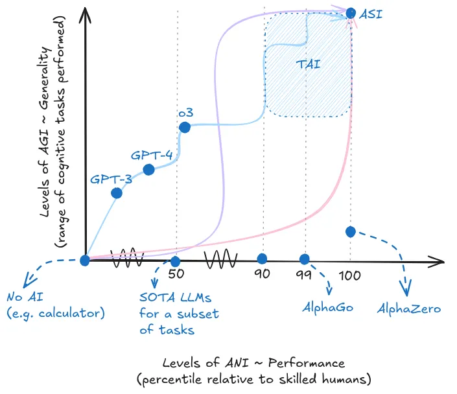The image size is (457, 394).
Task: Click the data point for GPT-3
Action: (x=117, y=192)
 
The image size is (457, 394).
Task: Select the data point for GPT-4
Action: (x=148, y=170)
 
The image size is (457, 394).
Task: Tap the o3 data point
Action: (x=184, y=127)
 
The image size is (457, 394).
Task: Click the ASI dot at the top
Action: (x=351, y=12)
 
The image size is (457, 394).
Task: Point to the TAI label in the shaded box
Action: (x=309, y=64)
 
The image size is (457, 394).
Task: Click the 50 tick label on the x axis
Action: (x=176, y=275)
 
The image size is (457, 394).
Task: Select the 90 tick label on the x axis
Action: (x=262, y=275)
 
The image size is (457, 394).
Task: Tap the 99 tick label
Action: (x=304, y=275)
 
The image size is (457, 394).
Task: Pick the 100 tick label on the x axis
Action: (x=350, y=275)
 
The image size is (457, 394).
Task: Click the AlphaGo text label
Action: (x=328, y=307)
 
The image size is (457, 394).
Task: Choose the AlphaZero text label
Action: (x=409, y=308)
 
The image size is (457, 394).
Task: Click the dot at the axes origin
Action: (x=84, y=261)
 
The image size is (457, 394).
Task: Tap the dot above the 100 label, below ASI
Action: (x=351, y=231)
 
